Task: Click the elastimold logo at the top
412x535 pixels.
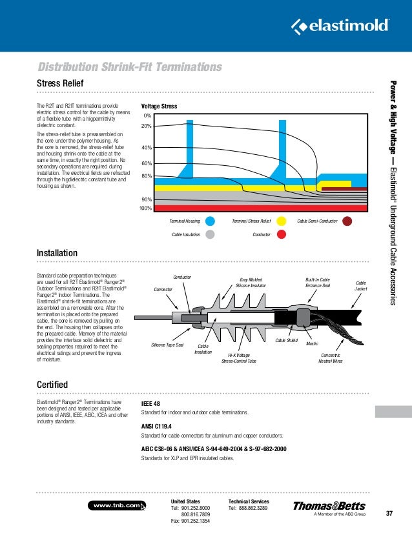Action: [340, 25]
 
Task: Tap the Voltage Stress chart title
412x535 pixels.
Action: [159, 106]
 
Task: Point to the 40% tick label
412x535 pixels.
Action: [146, 147]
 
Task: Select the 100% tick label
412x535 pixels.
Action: [145, 208]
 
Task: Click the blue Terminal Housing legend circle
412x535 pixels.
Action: [210, 221]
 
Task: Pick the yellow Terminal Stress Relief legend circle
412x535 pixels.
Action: [281, 221]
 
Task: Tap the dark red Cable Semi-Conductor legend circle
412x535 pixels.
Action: [347, 221]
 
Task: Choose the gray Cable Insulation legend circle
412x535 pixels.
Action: [210, 235]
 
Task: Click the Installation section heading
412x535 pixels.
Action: [57, 253]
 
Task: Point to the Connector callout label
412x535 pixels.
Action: [163, 290]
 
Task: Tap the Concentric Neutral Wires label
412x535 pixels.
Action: [331, 358]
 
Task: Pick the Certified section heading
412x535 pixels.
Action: [52, 385]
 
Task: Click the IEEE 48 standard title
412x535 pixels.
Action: [151, 404]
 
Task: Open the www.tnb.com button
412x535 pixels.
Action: [116, 505]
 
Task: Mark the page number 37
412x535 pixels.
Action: [389, 514]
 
